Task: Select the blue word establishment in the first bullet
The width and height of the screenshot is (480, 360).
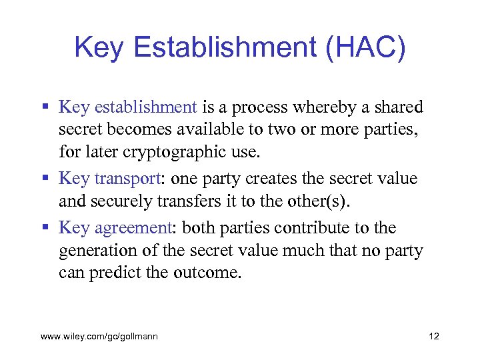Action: coord(146,107)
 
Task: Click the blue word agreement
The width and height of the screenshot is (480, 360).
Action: coord(133,228)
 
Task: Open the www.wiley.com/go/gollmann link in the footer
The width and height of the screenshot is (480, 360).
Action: coord(99,337)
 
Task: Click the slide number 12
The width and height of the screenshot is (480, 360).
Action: coord(434,337)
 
